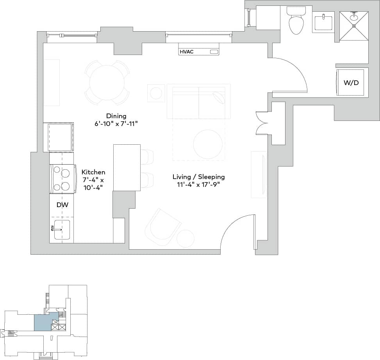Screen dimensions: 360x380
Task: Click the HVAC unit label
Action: pyautogui.click(x=186, y=51)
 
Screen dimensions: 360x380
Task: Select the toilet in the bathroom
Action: pyautogui.click(x=296, y=22)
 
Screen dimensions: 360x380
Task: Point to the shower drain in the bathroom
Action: pyautogui.click(x=354, y=26)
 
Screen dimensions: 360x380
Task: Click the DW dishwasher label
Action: pyautogui.click(x=62, y=204)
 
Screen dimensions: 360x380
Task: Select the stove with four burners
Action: pyautogui.click(x=62, y=179)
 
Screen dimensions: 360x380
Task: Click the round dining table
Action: pyautogui.click(x=107, y=83)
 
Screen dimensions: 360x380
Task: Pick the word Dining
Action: pyautogui.click(x=116, y=116)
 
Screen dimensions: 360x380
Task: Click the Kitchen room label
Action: pyautogui.click(x=93, y=172)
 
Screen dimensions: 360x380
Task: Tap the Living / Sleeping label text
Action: pyautogui.click(x=198, y=177)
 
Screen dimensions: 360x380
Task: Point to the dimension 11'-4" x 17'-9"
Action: pyautogui.click(x=198, y=184)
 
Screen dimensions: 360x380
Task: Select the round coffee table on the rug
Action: pyautogui.click(x=208, y=144)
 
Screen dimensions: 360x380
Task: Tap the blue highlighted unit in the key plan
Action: pyautogui.click(x=42, y=323)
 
